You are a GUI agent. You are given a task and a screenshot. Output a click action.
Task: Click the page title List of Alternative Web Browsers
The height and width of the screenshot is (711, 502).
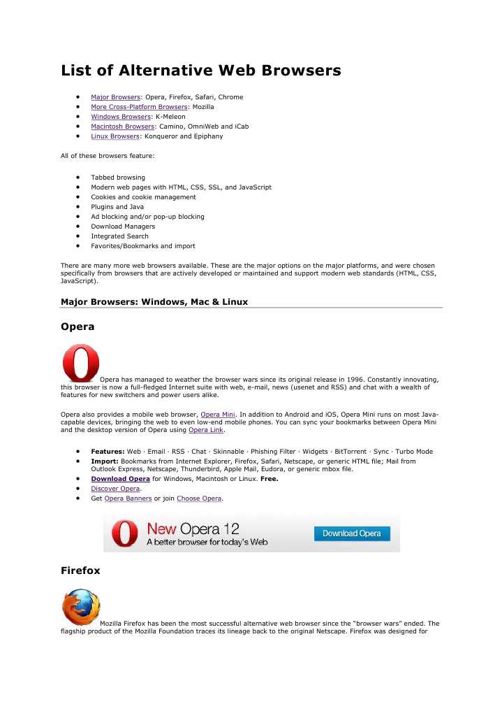[200, 71]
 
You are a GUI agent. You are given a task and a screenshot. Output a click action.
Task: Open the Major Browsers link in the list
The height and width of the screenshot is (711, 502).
[115, 97]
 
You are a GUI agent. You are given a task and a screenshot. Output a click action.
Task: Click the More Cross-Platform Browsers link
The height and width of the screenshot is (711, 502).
[139, 107]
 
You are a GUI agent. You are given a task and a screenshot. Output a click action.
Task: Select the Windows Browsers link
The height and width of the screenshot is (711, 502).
[121, 117]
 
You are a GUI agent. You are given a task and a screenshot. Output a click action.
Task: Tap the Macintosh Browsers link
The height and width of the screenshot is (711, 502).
[122, 127]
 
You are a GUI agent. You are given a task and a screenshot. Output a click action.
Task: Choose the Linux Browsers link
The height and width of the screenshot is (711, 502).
[115, 136]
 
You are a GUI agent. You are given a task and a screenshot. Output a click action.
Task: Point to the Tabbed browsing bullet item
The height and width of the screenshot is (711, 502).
[118, 178]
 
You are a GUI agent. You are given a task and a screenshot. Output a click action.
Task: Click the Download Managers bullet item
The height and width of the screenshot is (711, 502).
[123, 227]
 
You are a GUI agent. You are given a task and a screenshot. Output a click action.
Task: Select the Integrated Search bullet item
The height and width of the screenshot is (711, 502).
[119, 236]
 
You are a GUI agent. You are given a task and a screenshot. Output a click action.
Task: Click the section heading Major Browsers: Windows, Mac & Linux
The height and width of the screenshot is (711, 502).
[154, 302]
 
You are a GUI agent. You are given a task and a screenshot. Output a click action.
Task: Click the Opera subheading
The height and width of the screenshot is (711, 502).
[77, 326]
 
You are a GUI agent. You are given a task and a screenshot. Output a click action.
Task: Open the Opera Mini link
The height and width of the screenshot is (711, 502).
[218, 415]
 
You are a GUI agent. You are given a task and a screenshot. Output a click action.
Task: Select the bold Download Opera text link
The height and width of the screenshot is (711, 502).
[120, 479]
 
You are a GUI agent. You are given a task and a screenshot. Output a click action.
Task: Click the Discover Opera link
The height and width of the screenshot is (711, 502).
[115, 489]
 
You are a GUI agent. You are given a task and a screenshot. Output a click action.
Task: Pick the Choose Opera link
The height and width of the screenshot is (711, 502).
[199, 498]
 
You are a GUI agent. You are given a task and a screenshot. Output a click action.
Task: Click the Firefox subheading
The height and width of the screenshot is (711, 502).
[80, 570]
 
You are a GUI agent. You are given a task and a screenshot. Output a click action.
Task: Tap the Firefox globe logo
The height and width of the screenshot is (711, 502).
[80, 607]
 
